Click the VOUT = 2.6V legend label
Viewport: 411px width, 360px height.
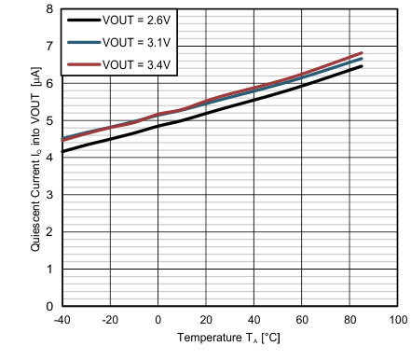point(141,20)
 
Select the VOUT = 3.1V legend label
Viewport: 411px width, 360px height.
point(141,41)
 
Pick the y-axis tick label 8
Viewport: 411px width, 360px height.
point(49,8)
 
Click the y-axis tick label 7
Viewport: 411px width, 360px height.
point(49,46)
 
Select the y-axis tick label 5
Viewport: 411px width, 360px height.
point(49,120)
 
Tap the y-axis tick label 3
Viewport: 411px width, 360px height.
point(49,195)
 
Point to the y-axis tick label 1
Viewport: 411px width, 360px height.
point(49,270)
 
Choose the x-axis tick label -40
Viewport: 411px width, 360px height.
point(62,320)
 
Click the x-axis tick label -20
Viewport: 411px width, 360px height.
point(110,320)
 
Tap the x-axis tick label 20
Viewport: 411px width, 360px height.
point(206,320)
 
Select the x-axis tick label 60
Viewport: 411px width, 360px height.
point(302,320)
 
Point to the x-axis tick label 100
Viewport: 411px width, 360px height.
point(398,320)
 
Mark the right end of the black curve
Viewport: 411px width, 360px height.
point(362,66)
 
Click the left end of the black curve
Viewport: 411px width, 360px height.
point(62,151)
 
